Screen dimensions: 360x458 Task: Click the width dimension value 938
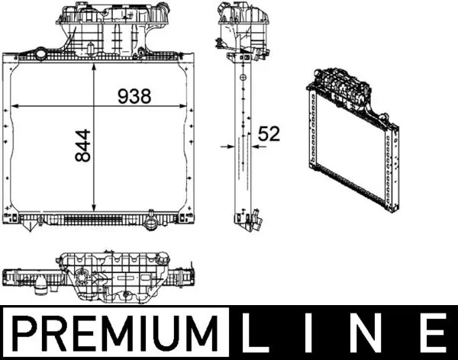point(134,95)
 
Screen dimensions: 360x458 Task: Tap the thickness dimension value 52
point(269,133)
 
